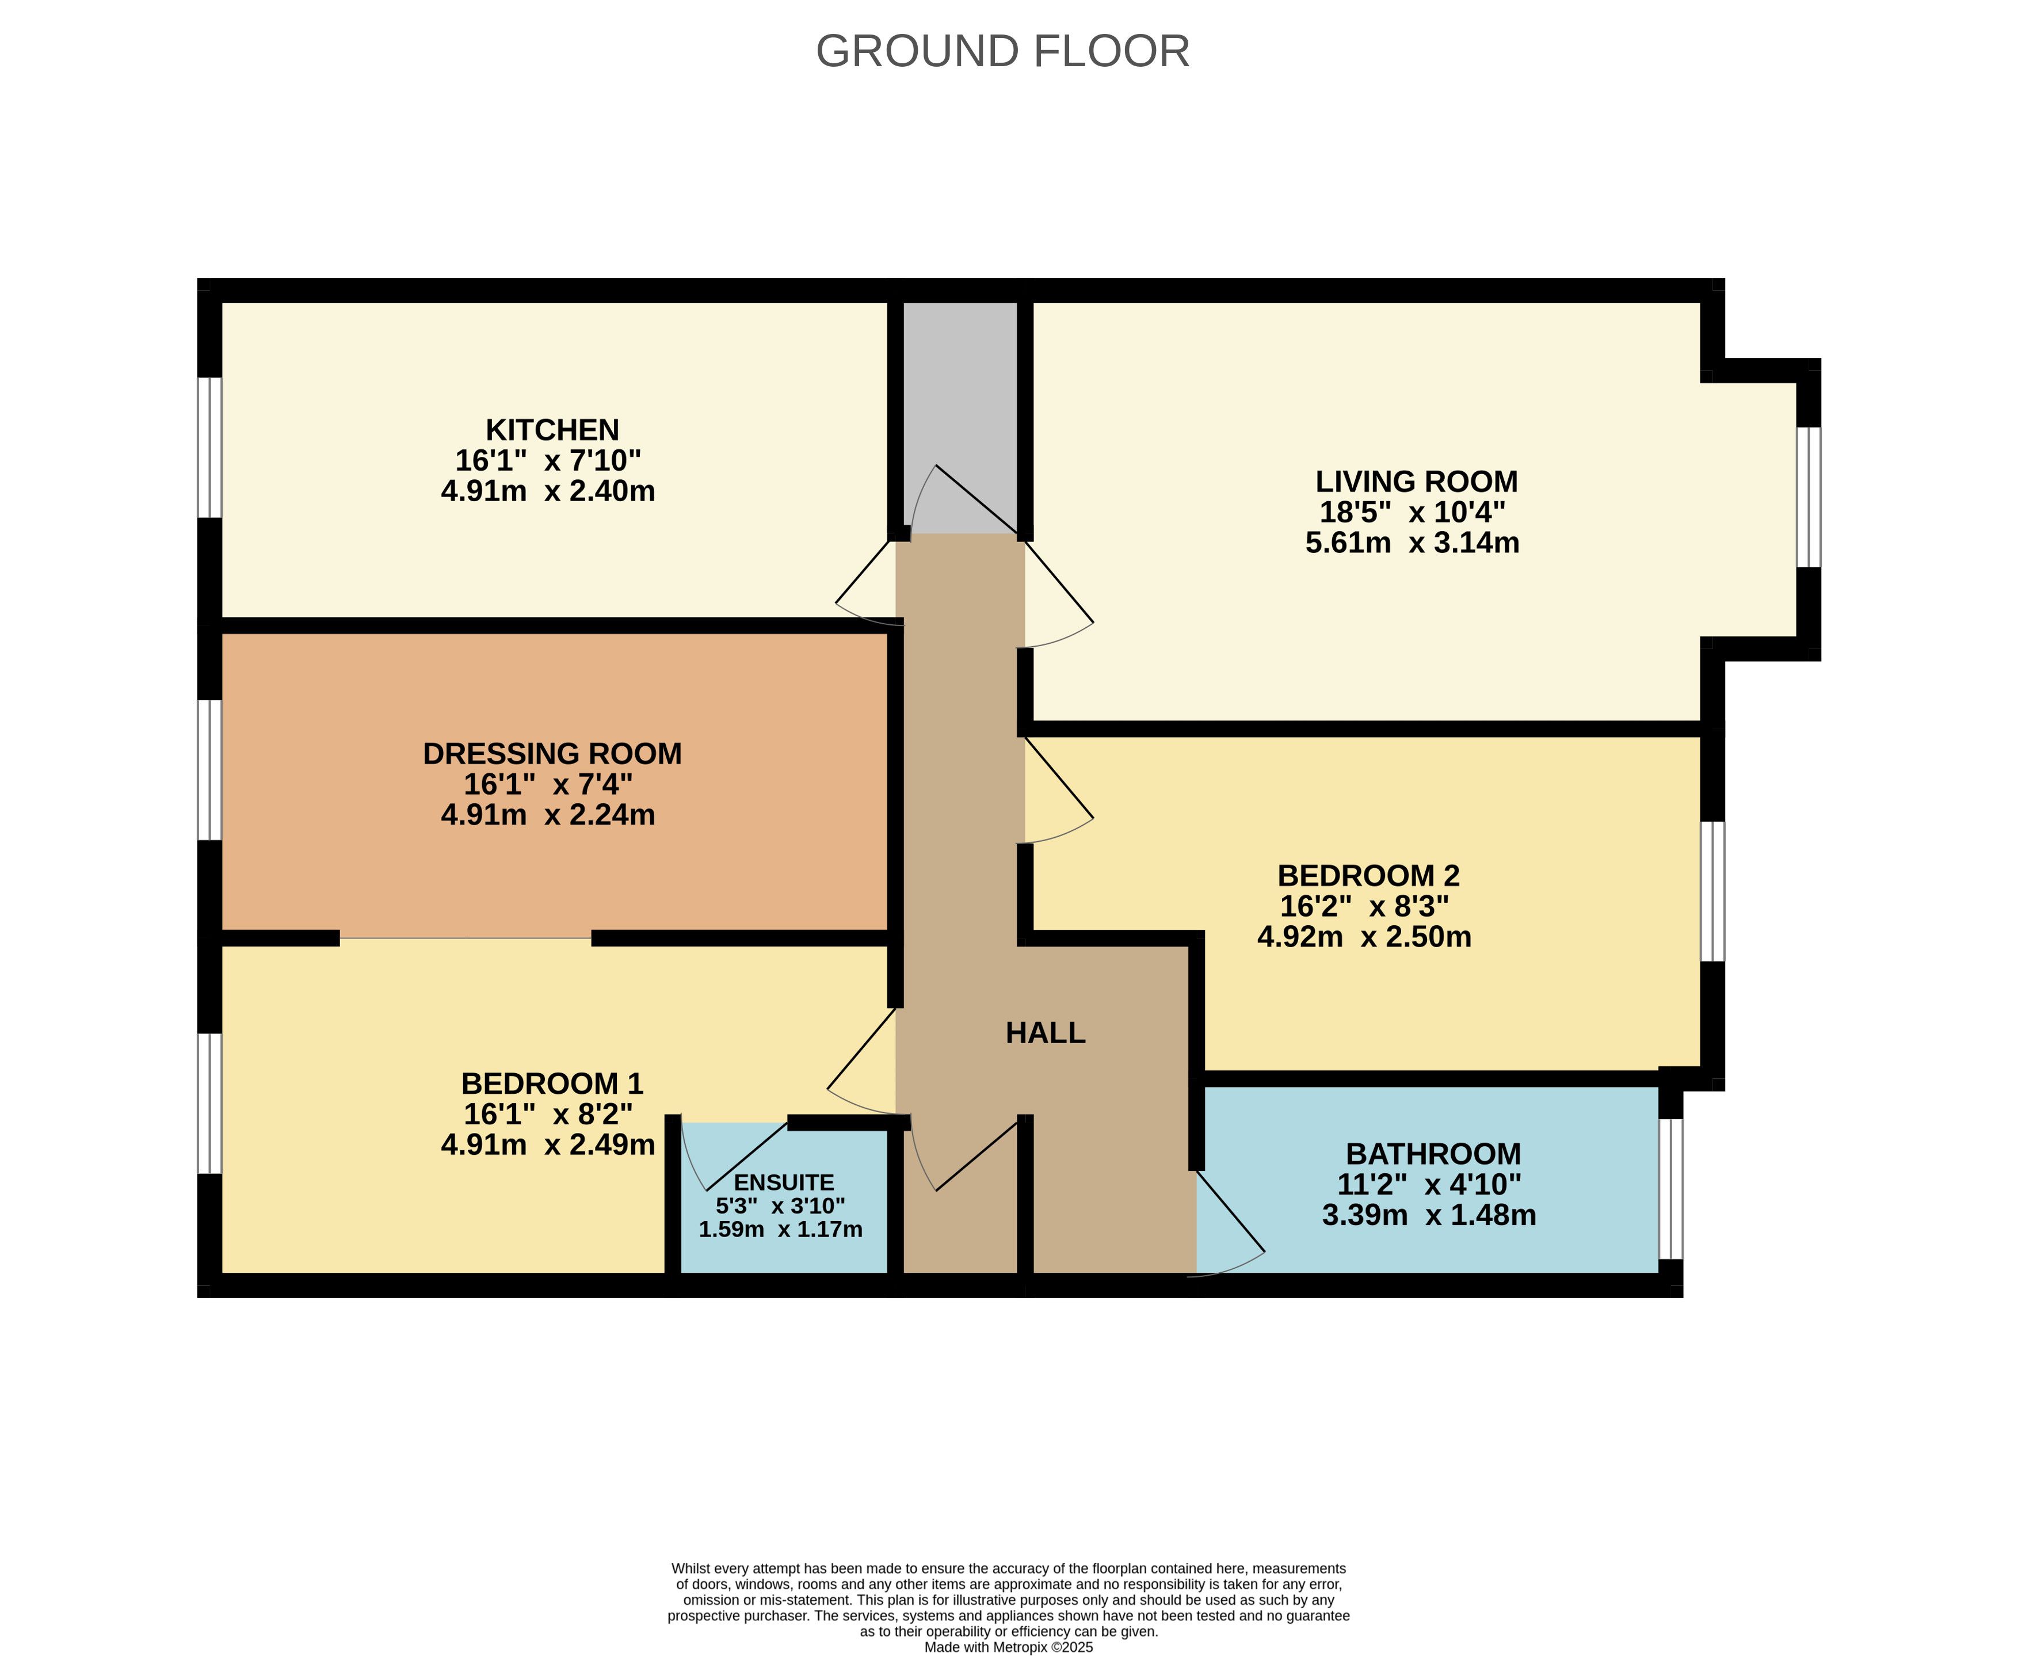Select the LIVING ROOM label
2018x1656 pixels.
pyautogui.click(x=1416, y=481)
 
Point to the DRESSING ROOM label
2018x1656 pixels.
pyautogui.click(x=552, y=754)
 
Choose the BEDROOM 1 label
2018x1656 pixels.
pyautogui.click(x=552, y=1083)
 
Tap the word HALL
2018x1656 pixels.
pyautogui.click(x=1045, y=1032)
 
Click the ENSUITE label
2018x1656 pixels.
pyautogui.click(x=783, y=1183)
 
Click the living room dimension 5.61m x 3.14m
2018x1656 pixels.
pyautogui.click(x=1413, y=543)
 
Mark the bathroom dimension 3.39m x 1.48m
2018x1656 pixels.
pyautogui.click(x=1429, y=1215)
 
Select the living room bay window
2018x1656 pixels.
pyautogui.click(x=1808, y=497)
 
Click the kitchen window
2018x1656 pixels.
pyautogui.click(x=210, y=448)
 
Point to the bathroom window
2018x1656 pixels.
pyautogui.click(x=1671, y=1189)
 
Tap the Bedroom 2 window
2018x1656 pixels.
pyautogui.click(x=1713, y=891)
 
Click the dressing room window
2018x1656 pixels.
pyautogui.click(x=210, y=771)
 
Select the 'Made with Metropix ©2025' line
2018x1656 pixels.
pyautogui.click(x=1008, y=1646)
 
